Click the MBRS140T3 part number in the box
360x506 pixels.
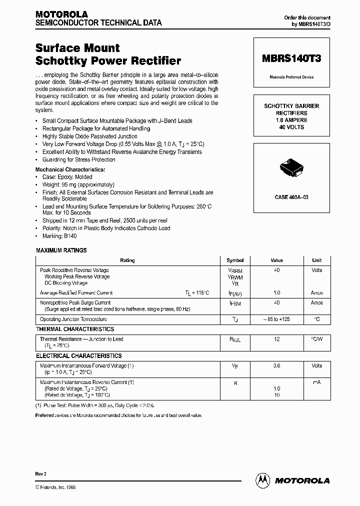[291, 58]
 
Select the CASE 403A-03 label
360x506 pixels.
[291, 197]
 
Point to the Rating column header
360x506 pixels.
[127, 260]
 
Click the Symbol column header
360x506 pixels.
[235, 260]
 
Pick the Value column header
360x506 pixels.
[276, 260]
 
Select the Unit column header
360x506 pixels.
[317, 260]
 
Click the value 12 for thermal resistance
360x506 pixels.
[276, 339]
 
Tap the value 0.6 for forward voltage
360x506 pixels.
[276, 365]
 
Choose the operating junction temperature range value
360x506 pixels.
[276, 319]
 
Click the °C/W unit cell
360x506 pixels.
[317, 339]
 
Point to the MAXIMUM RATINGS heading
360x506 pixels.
[61, 250]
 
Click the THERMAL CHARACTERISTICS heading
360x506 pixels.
[75, 329]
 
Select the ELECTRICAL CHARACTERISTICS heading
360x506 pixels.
[78, 355]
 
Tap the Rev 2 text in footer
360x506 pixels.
[41, 473]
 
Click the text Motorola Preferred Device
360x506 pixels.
[291, 77]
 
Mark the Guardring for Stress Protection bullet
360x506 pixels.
[79, 159]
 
